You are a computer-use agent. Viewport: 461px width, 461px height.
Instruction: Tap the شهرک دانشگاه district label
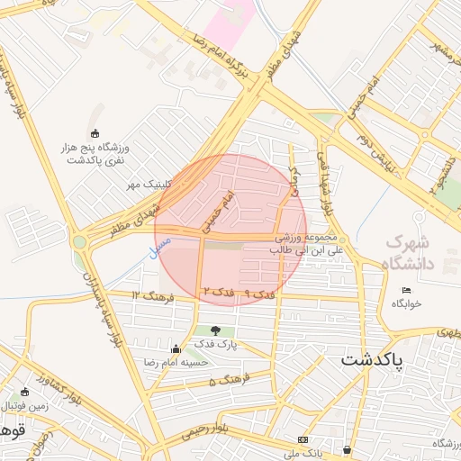coord(420,253)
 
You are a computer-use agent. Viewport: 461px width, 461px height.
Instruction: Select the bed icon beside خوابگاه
coord(406,290)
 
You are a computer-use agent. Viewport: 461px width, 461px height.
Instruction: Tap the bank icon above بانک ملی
coord(302,439)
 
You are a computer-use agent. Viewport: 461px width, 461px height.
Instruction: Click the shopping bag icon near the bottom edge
coord(348,448)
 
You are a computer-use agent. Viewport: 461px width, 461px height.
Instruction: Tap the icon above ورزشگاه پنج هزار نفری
coord(97,133)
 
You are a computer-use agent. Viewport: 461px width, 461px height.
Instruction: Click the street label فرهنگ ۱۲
coord(148,295)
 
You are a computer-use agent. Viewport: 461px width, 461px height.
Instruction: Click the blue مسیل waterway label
coord(162,242)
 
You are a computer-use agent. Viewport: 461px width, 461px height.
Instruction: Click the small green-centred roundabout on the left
coord(79,241)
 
